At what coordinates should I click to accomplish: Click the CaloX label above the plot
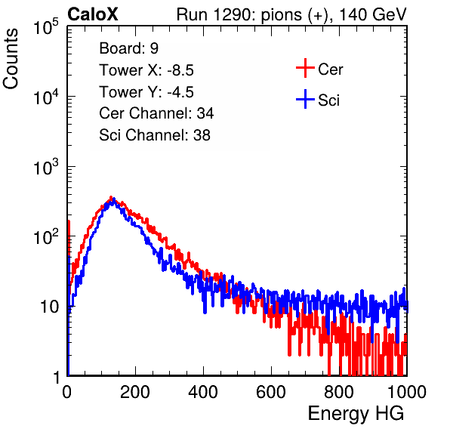93,14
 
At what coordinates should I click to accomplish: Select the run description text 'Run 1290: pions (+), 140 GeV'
291,14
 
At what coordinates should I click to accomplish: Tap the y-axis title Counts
11,59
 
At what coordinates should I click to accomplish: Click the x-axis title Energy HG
356,414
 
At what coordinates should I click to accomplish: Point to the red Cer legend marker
305,68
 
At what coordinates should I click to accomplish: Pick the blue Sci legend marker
305,99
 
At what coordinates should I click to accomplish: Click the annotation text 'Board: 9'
129,48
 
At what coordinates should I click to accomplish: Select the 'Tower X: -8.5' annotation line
146,70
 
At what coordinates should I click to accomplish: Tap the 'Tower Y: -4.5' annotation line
146,92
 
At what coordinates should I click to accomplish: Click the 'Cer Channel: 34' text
156,113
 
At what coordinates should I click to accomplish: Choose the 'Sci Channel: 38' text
155,135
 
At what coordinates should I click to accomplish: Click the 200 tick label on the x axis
135,392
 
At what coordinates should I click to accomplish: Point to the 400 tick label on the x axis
203,392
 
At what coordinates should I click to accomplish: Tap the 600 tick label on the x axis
271,392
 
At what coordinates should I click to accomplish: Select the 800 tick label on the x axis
339,392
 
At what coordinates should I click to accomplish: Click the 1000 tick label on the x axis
407,392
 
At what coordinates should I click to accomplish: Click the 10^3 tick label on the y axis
46,167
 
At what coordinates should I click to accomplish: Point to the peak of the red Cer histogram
111,197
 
